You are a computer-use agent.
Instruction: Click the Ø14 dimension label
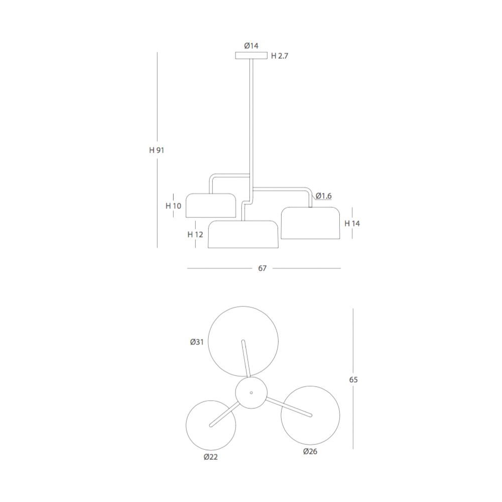tap(252, 46)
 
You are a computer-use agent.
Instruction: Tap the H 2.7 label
tap(280, 56)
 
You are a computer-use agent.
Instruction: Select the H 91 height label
tap(157, 150)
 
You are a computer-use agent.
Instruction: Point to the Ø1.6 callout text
tap(324, 196)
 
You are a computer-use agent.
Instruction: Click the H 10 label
tap(174, 206)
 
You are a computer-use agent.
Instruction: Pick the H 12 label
tap(195, 234)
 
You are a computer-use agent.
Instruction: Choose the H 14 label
tap(352, 223)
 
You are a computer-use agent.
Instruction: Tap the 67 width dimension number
tap(262, 268)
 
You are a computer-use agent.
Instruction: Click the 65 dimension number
tap(353, 380)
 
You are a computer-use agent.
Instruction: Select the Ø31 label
tap(197, 342)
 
